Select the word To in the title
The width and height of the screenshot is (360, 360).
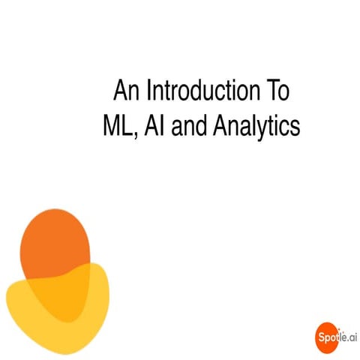[x=278, y=91]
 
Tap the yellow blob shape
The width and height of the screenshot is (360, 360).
[x=45, y=315]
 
